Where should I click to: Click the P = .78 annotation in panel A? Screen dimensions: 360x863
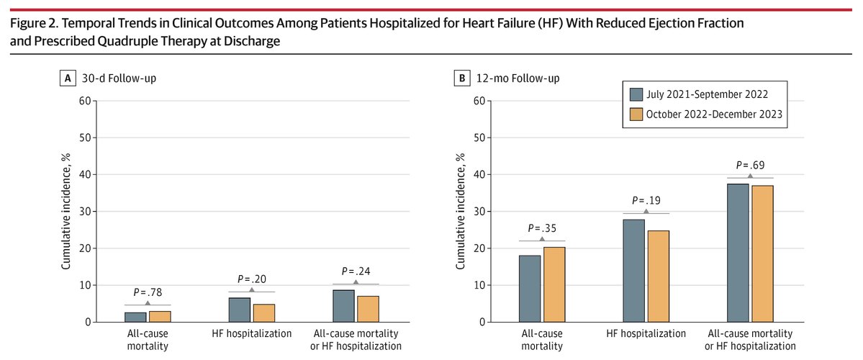148,293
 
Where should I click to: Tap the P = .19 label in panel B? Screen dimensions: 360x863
646,201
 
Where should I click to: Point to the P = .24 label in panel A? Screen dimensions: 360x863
356,271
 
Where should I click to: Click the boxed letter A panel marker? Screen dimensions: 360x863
66,78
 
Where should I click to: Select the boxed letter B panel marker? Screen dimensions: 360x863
461,78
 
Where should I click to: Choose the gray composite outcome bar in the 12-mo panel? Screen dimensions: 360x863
738,253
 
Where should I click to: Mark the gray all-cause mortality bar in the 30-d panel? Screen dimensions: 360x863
135,317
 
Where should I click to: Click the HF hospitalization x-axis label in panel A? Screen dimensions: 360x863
251,333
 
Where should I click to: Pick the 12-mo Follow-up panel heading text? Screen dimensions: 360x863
507,78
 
